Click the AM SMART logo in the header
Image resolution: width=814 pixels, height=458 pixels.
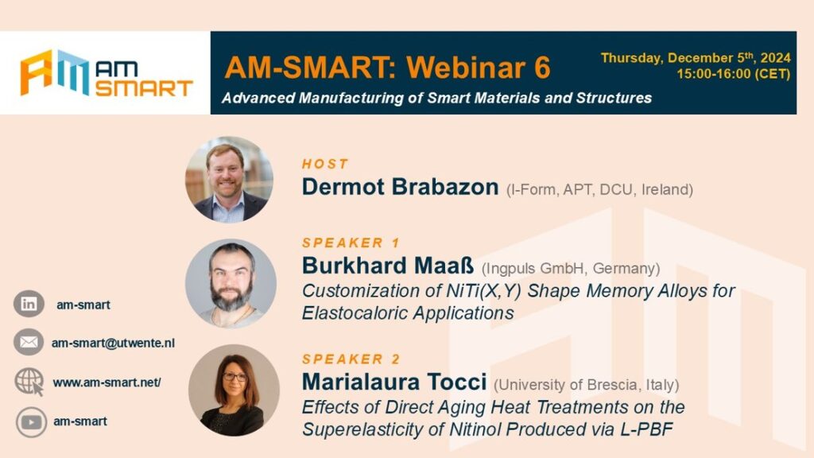pos(107,73)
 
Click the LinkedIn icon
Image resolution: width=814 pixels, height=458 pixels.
pos(29,304)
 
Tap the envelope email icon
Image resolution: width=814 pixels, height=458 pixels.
pos(29,342)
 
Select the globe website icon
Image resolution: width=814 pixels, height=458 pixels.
pos(29,382)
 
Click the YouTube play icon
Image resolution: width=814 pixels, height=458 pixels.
pos(31,422)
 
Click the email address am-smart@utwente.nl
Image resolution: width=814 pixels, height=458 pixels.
pos(113,343)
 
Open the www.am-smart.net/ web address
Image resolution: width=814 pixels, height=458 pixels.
pos(107,382)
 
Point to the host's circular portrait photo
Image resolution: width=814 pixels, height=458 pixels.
pos(230,180)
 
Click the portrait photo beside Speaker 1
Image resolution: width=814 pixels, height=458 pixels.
pos(231,284)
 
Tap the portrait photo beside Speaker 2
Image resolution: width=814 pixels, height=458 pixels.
pos(235,390)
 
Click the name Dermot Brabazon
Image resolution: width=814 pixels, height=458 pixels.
pos(401,187)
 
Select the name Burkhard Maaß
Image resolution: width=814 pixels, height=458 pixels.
pos(388,266)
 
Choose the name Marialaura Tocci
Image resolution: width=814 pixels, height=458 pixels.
pos(394,382)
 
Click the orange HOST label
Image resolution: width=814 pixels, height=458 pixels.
pos(325,164)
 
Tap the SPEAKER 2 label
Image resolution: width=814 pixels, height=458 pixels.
pos(351,359)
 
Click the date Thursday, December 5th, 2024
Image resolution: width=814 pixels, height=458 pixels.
pos(696,57)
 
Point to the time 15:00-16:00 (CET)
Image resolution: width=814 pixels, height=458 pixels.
pos(734,74)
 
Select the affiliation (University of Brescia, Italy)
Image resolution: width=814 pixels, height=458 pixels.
pos(587,385)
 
